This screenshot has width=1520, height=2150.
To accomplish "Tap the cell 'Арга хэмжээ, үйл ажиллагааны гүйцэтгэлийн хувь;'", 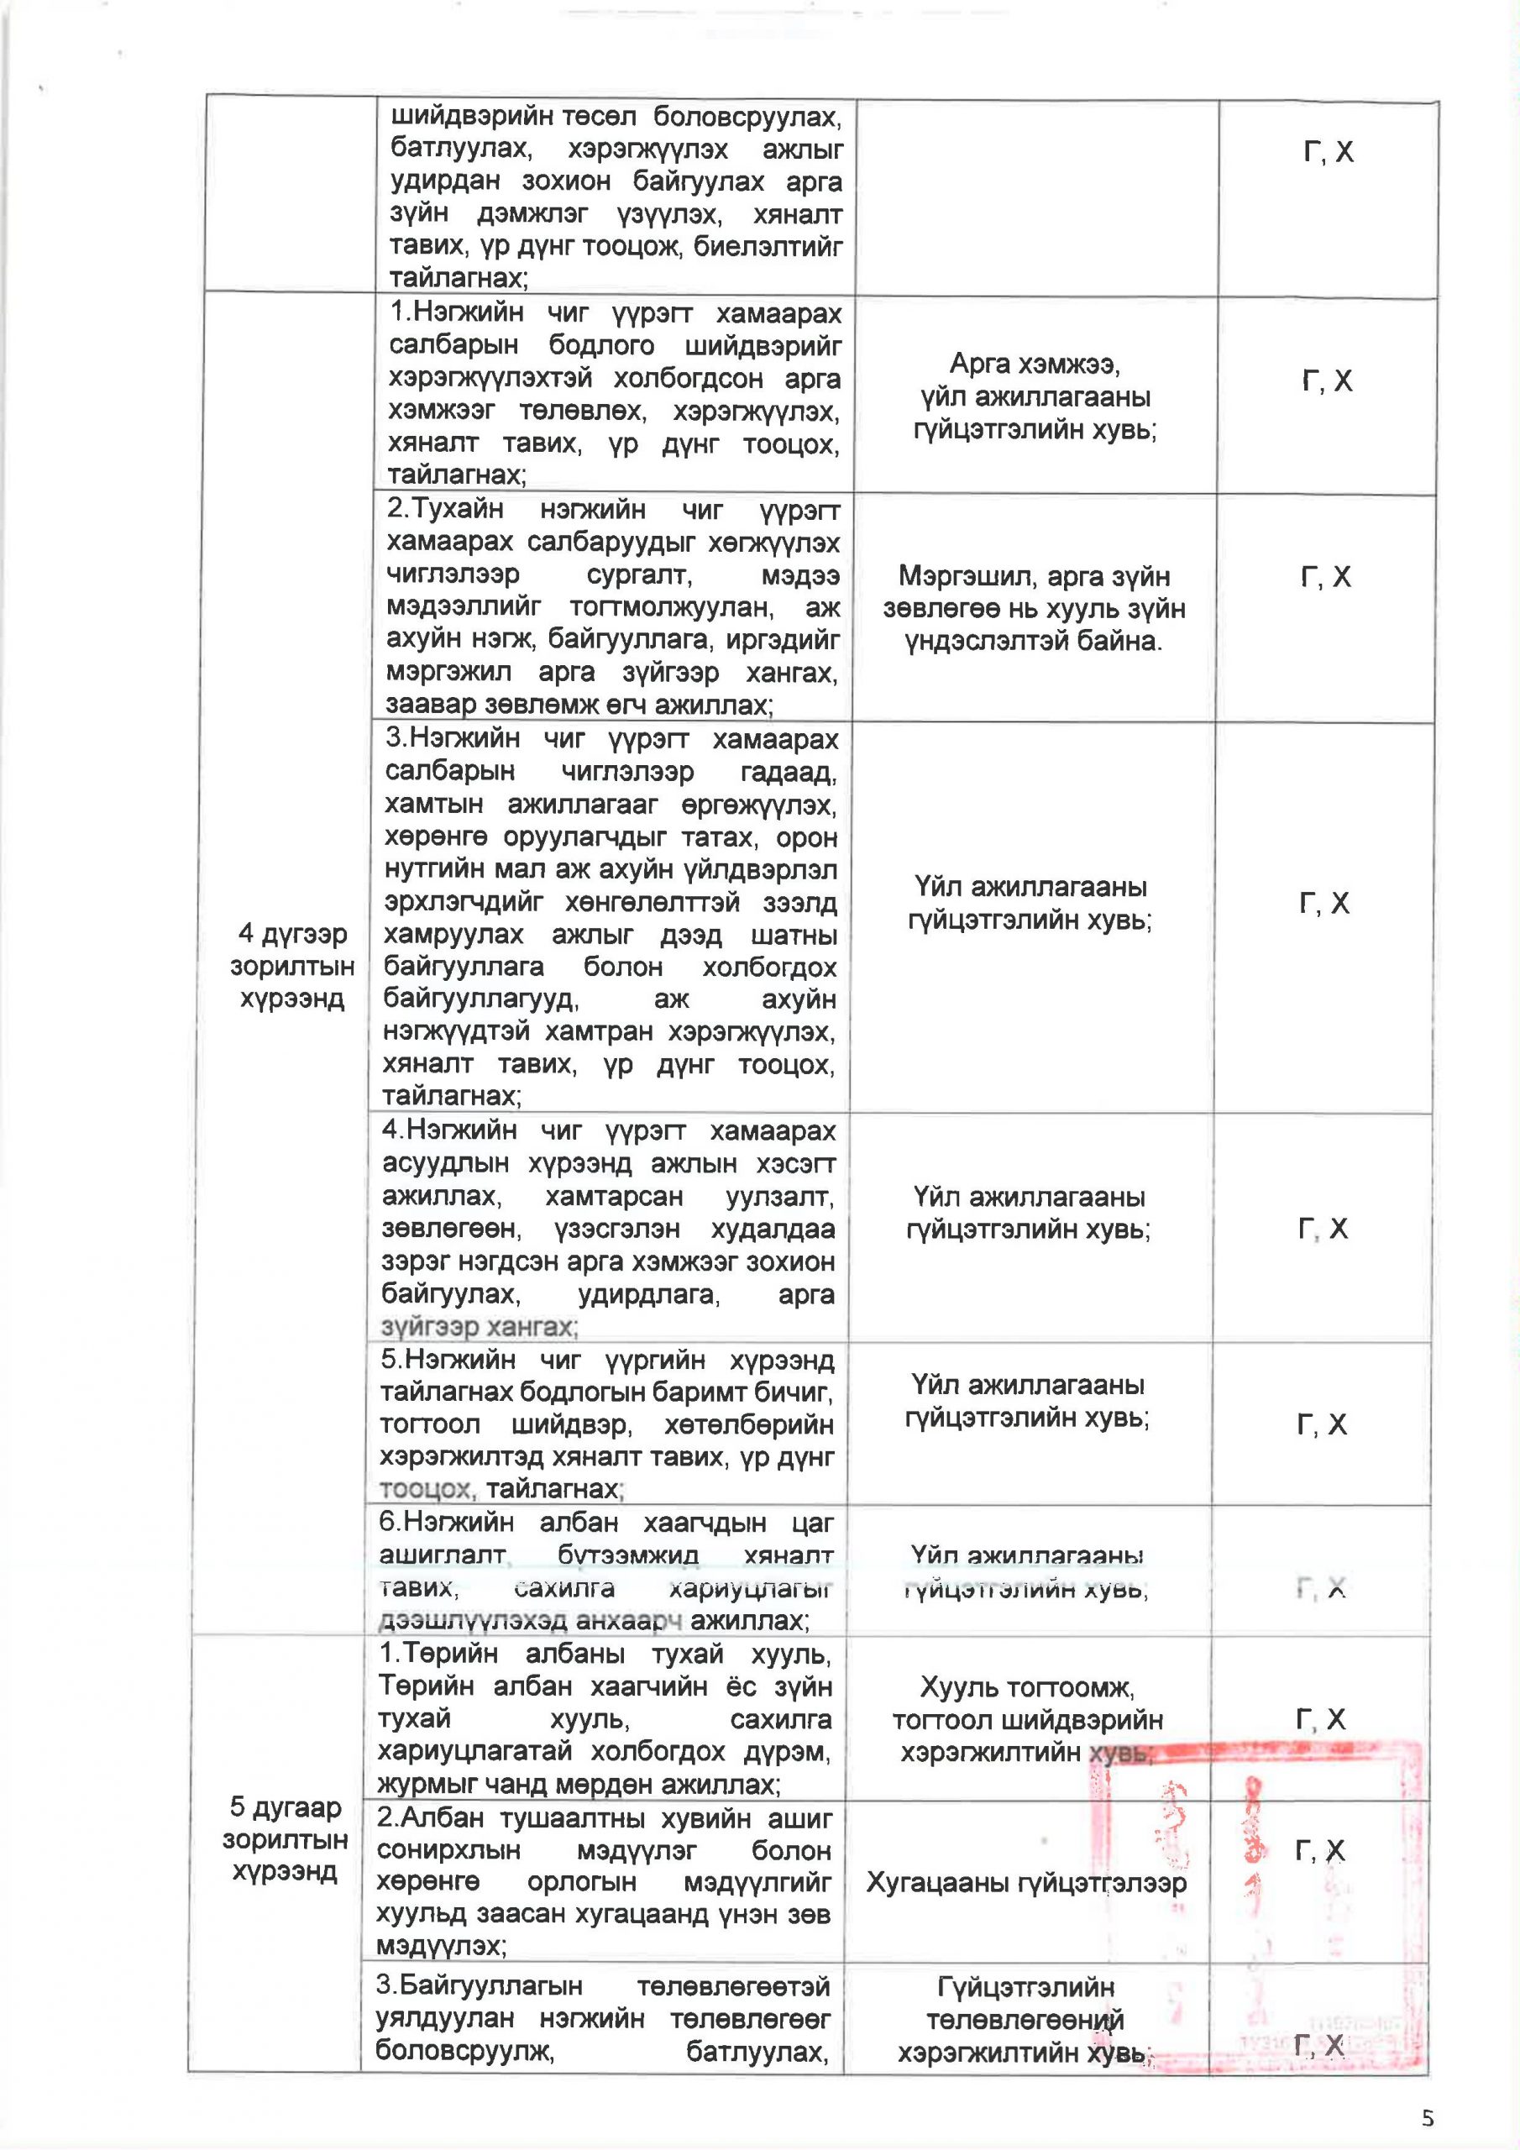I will point(1035,396).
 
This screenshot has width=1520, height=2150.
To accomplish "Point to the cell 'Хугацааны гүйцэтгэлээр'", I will point(1026,1881).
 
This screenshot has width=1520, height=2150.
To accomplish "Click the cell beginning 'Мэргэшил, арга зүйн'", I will point(1034,608).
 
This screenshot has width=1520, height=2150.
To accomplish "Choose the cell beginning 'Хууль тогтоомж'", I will point(1027,1719).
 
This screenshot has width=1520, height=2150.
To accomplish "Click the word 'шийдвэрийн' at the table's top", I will point(464,117).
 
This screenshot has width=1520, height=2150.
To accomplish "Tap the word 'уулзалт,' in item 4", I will point(779,1197).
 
